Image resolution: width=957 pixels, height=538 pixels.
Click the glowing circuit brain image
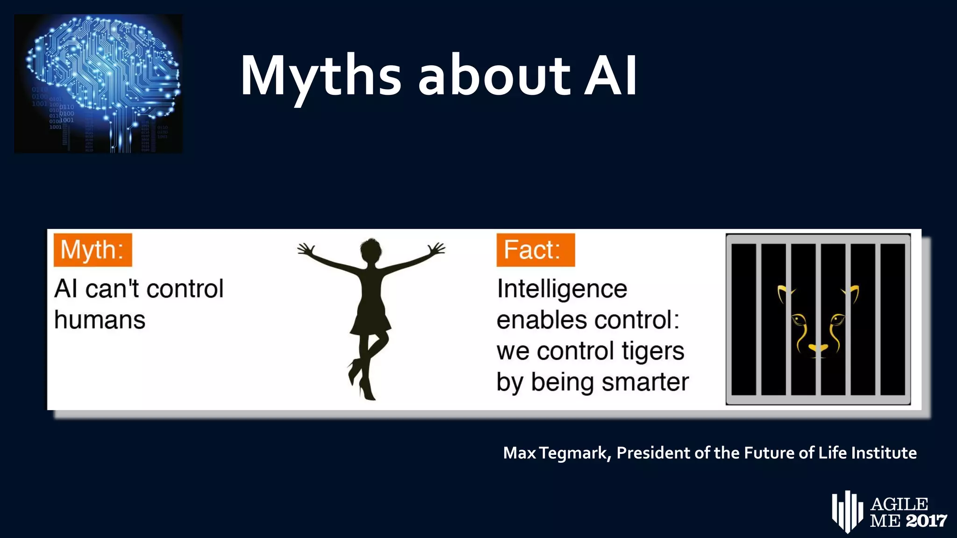99,84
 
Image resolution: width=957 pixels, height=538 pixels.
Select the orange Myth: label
93,250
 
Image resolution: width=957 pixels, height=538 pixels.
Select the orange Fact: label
536,250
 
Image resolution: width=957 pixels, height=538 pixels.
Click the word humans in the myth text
100,320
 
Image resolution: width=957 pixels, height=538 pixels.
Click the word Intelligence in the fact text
562,289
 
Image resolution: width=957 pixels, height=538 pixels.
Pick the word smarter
645,382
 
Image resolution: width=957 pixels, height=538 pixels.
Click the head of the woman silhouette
371,252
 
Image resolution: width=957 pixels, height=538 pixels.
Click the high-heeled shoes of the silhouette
362,383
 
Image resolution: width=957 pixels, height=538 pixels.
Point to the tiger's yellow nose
818,348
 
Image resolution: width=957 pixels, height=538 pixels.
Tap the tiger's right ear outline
852,293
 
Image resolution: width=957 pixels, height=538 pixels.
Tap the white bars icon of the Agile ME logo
847,511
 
